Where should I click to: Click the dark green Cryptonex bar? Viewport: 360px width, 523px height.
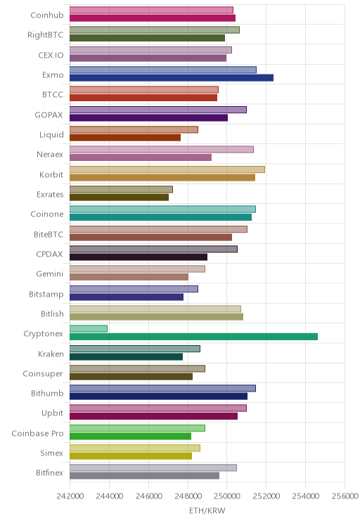193,337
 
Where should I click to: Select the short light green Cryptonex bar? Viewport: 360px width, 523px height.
89,328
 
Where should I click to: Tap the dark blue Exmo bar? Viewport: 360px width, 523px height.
172,78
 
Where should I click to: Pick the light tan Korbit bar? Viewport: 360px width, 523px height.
167,169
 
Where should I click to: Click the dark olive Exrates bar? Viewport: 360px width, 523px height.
119,197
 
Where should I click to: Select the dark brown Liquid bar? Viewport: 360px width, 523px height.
125,137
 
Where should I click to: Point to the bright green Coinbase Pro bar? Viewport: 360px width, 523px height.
131,436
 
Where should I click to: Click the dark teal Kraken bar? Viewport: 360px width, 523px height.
126,356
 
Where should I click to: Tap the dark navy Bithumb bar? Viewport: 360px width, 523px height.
158,396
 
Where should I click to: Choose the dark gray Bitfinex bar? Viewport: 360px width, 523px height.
144,476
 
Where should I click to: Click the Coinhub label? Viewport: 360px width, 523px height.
47,15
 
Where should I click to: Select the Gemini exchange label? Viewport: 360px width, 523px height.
50,274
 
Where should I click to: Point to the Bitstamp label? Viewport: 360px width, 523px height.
46,294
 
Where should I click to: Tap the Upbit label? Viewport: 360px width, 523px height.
52,413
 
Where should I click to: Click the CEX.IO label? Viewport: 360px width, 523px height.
51,55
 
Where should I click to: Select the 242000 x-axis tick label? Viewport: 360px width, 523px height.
70,496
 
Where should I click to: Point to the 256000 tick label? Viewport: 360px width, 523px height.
345,496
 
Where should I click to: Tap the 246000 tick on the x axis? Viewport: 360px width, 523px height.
148,496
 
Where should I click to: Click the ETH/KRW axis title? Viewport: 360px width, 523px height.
207,510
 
